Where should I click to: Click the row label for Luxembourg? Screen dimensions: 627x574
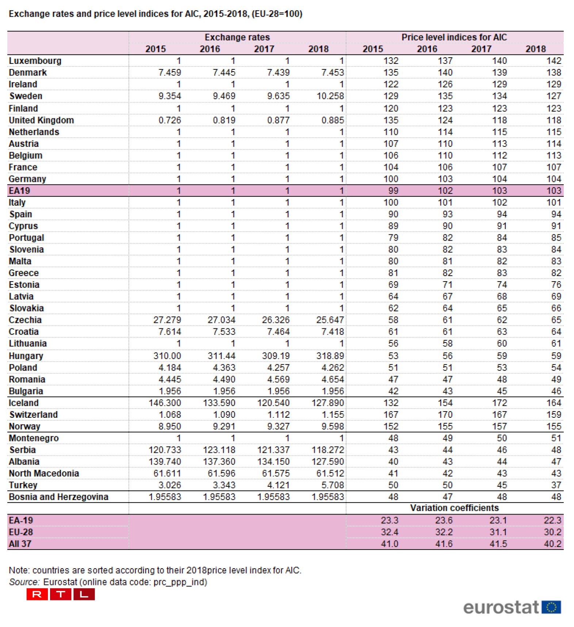[x=35, y=61]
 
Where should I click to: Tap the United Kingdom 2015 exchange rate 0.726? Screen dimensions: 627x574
[x=170, y=120]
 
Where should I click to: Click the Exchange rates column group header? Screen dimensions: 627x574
[x=237, y=37]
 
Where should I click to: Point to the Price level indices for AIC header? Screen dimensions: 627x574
[x=454, y=37]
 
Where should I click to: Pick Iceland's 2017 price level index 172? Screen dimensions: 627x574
[x=499, y=403]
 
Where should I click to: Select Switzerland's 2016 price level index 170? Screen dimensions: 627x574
[x=445, y=414]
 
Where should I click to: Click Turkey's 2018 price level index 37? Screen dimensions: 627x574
[x=556, y=485]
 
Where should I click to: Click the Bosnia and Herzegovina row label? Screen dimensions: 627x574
[x=58, y=497]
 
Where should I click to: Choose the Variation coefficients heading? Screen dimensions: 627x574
[x=454, y=508]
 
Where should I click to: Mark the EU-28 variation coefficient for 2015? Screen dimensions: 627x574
[x=390, y=532]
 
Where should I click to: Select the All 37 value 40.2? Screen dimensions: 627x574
[x=552, y=544]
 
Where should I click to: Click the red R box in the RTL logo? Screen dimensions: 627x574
[x=37, y=594]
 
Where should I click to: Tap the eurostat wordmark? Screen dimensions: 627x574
[x=501, y=608]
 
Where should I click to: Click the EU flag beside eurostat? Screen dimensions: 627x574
[x=551, y=607]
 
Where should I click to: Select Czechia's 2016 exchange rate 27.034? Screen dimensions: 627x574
[x=221, y=320]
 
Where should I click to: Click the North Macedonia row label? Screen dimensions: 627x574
[x=44, y=473]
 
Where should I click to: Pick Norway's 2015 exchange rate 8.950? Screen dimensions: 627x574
[x=170, y=426]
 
